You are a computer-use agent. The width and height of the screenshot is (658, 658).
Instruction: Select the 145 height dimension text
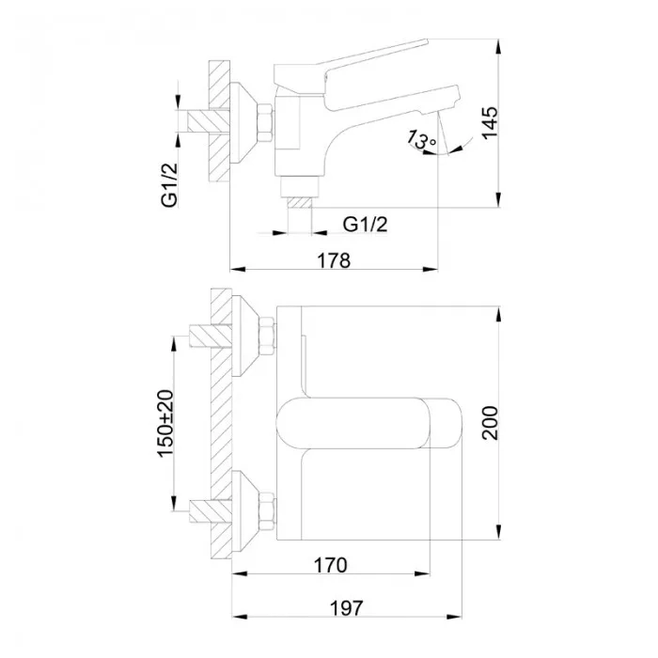coord(488,123)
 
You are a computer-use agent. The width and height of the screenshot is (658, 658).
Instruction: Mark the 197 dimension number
coord(347,607)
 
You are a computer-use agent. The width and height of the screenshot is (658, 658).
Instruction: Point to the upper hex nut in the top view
coord(266,336)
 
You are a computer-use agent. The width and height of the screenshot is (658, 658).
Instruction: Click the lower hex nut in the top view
coord(266,509)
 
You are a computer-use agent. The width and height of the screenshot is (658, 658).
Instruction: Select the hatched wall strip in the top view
coord(220,423)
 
